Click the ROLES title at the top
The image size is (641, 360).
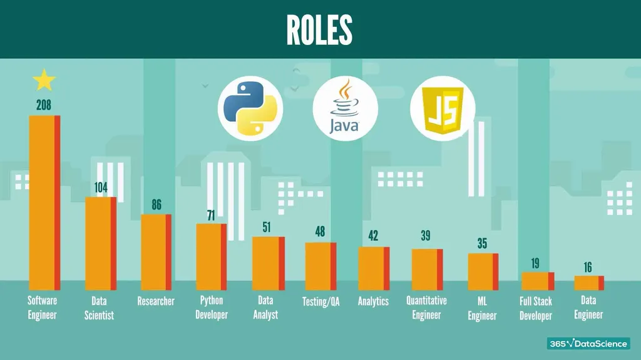pyautogui.click(x=319, y=29)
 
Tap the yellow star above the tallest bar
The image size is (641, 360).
pyautogui.click(x=44, y=80)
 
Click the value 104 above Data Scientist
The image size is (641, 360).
pyautogui.click(x=101, y=187)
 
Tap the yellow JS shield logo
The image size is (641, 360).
pyautogui.click(x=442, y=110)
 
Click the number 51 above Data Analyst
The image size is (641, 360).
pyautogui.click(x=267, y=227)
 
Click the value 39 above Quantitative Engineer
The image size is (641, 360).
pyautogui.click(x=426, y=236)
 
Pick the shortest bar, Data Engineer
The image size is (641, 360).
pyautogui.click(x=589, y=282)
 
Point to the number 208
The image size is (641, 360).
pyautogui.click(x=44, y=105)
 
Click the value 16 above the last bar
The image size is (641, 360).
pyautogui.click(x=588, y=267)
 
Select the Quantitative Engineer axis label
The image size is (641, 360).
pyautogui.click(x=426, y=307)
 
